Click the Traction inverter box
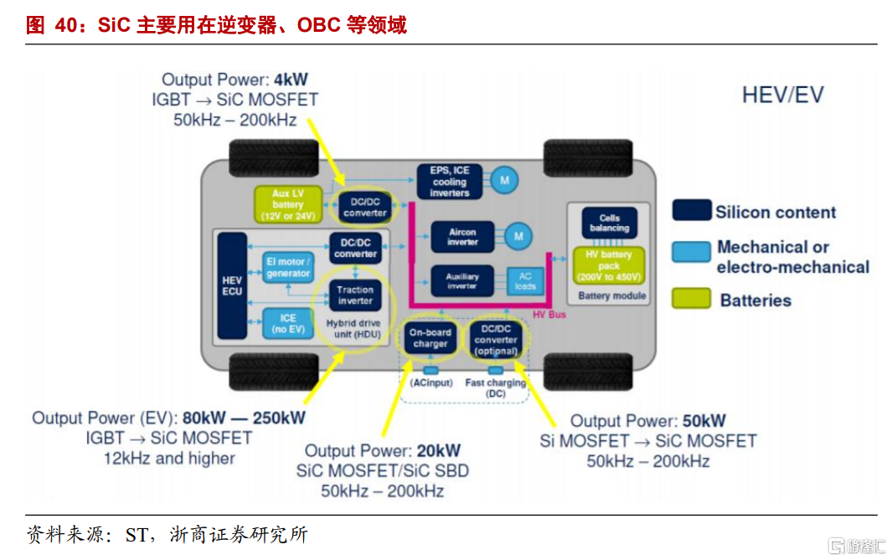[355, 295]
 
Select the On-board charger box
[430, 338]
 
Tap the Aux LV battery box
[288, 204]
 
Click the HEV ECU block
[232, 285]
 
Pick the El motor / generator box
[288, 268]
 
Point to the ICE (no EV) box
[288, 323]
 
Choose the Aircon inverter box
[462, 237]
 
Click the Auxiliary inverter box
[462, 280]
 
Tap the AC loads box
[525, 280]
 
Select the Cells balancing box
[609, 223]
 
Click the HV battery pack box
[609, 265]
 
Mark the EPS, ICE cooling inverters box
[450, 182]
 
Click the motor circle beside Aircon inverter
[518, 236]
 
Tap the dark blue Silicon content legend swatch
[692, 210]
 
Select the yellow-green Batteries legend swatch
[692, 299]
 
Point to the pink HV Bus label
[549, 315]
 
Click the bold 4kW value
[291, 80]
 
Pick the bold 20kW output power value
[439, 451]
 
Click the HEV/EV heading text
[783, 95]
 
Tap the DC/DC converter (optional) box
[496, 340]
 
